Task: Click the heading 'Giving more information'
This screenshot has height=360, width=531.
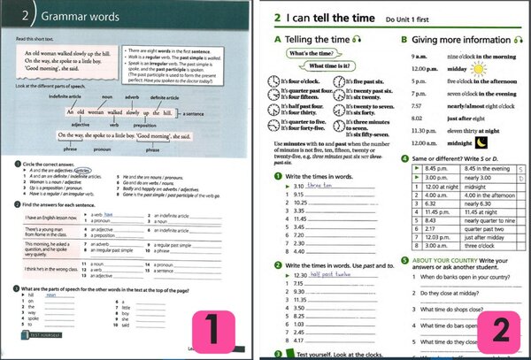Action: [458, 40]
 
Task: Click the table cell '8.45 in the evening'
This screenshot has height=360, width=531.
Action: [483, 144]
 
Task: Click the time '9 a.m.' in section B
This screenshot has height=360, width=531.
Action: [414, 57]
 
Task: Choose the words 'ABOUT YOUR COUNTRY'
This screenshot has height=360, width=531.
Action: [442, 260]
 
